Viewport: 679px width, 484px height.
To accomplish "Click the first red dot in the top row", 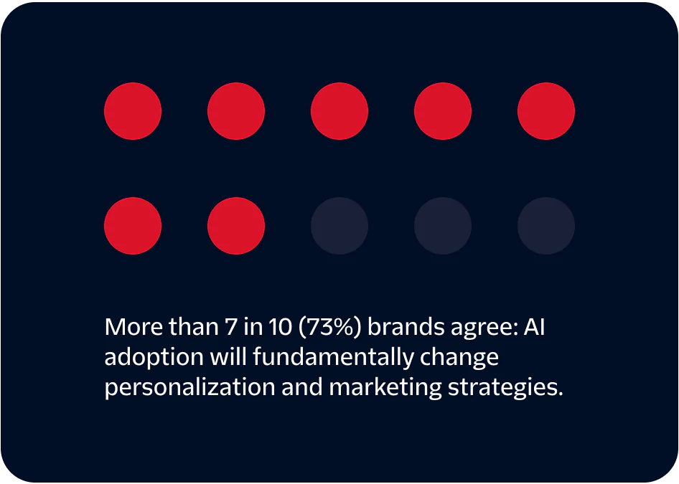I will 133,111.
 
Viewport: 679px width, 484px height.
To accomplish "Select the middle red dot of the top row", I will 339,111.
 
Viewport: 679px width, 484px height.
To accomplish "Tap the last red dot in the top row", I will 546,111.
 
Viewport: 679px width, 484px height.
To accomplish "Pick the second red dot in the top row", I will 236,111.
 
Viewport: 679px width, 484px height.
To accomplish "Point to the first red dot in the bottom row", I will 133,226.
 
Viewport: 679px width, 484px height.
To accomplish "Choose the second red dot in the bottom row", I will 236,226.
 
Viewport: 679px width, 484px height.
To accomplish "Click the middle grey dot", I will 443,226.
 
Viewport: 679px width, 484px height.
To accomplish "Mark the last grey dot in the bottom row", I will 546,226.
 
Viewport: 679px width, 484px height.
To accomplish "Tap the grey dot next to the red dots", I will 339,226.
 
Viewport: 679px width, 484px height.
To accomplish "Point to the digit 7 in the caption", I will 230,328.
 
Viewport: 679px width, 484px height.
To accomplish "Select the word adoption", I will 152,357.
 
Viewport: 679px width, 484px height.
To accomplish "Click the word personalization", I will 189,387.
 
